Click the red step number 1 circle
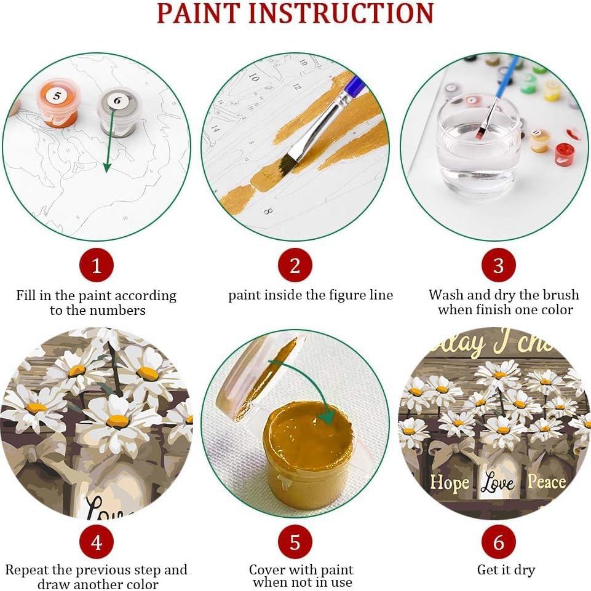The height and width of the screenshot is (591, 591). tap(96, 266)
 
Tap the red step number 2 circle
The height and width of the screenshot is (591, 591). tap(295, 266)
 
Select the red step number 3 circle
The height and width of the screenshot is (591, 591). tap(498, 266)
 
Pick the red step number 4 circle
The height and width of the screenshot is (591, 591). tap(96, 542)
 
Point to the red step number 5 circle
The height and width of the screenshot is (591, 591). tap(295, 542)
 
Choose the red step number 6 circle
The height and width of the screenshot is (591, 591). tap(498, 542)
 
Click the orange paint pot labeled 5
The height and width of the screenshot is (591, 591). tap(58, 103)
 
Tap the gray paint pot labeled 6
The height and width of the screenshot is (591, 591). tap(119, 109)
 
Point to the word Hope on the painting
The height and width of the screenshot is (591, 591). tap(449, 483)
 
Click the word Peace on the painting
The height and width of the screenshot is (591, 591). tap(546, 482)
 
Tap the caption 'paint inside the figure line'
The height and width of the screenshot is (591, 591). tap(311, 295)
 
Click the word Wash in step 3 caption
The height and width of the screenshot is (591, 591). tap(446, 295)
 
